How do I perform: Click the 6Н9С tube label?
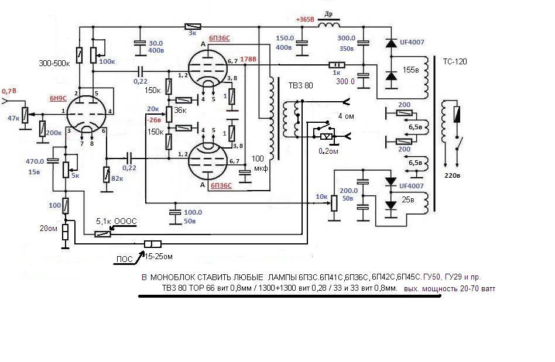click(x=58, y=98)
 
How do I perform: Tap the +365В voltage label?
click(x=305, y=19)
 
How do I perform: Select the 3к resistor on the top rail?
click(x=193, y=26)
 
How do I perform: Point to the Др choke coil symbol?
click(x=329, y=25)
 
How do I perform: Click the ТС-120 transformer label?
click(x=455, y=61)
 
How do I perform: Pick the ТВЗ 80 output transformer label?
click(x=300, y=85)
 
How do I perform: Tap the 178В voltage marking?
click(x=248, y=59)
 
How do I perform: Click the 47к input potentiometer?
click(x=25, y=115)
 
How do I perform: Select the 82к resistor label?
click(x=117, y=178)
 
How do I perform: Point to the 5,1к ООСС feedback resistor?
click(x=102, y=234)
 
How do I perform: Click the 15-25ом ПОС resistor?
click(x=153, y=244)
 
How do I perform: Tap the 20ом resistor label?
click(x=49, y=229)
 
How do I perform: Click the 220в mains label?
click(x=452, y=175)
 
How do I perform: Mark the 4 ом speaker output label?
click(x=346, y=116)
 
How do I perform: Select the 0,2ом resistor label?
click(x=328, y=151)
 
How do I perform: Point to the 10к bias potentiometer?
click(x=334, y=204)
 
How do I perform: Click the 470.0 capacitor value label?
click(x=35, y=161)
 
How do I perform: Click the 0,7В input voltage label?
click(x=9, y=91)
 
